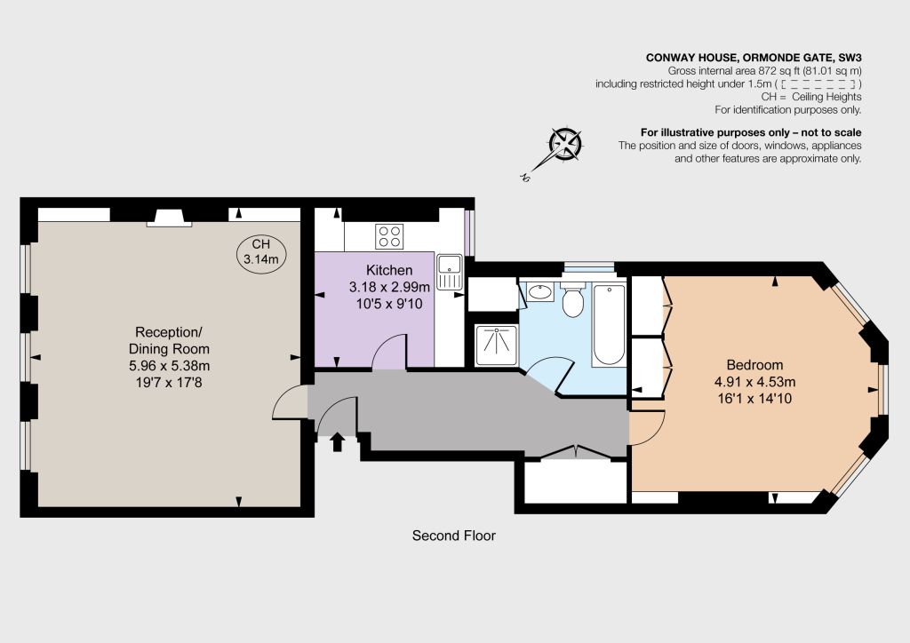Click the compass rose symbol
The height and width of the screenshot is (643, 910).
coord(564,145)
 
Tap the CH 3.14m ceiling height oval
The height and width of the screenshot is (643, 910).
coord(261,252)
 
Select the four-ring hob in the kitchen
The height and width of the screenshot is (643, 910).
coord(389,236)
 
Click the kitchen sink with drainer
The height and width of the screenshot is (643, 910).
coord(449,272)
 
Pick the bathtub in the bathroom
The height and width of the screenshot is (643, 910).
coord(608,325)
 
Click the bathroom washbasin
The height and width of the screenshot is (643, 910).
coord(541,291)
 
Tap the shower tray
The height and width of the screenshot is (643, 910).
coord(497,345)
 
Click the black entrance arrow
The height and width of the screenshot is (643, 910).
coord(337,442)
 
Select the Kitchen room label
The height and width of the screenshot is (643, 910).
coord(389,270)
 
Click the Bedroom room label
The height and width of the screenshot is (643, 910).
coord(754,365)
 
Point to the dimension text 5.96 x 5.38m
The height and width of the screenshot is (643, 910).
coord(169,365)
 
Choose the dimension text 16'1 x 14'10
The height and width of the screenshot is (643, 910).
coord(754,399)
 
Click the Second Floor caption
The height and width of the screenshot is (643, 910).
coord(454,536)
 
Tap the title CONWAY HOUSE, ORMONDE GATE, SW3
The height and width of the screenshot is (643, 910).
coord(754,58)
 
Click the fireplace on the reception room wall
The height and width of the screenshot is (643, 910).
coord(169,218)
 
